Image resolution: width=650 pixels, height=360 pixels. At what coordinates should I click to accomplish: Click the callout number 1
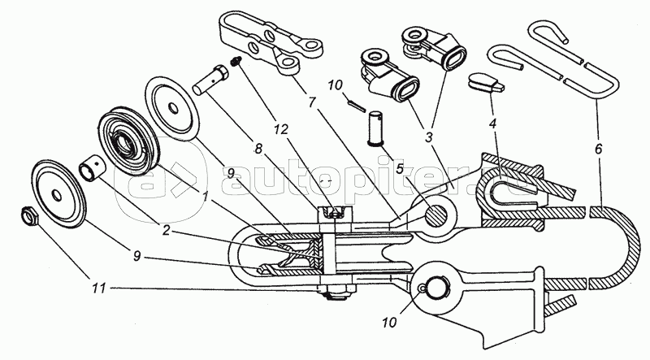(205, 196)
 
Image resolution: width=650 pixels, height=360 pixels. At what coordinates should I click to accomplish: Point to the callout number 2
(166, 230)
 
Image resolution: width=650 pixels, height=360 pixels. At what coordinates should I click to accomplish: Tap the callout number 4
(493, 123)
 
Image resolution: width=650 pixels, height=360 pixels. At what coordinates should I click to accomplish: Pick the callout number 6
(597, 149)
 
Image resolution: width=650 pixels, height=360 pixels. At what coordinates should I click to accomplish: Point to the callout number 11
(100, 288)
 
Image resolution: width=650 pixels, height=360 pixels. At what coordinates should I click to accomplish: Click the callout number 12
(280, 129)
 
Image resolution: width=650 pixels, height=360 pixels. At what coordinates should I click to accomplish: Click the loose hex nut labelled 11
(30, 215)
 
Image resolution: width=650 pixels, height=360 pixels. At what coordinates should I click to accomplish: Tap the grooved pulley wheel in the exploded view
(128, 144)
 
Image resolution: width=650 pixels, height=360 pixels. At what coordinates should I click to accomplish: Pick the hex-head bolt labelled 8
(210, 81)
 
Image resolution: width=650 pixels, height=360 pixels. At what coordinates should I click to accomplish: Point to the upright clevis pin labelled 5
(376, 128)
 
